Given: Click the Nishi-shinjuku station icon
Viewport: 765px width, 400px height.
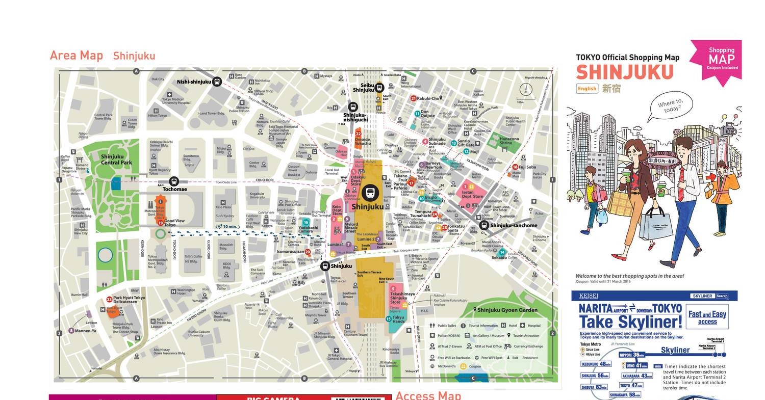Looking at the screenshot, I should point(217,82).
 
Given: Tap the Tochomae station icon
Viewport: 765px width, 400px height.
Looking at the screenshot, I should point(174,181).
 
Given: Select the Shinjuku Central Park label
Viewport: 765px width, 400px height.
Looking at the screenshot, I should point(116,159).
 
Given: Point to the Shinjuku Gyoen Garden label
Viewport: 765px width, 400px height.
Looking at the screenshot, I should point(508,310).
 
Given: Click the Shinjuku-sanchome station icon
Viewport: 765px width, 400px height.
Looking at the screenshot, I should point(484,225).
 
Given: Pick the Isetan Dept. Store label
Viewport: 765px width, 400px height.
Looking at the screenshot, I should point(472,194).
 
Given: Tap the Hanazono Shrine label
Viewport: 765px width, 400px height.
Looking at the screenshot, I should point(509,141).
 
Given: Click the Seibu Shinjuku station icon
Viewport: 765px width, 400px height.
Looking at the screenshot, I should point(379,88).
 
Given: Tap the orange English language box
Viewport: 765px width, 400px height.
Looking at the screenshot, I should point(586,88).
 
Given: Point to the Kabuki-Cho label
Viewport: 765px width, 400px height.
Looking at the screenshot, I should point(428,98).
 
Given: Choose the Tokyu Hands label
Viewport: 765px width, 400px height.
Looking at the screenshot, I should point(398,319).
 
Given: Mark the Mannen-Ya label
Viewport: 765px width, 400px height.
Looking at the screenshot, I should point(85,331).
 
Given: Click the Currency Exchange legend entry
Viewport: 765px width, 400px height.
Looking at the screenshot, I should point(528,346).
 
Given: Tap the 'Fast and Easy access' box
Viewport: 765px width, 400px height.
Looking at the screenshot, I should point(707,317).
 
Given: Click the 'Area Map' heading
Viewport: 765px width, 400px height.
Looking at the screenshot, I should point(76,56).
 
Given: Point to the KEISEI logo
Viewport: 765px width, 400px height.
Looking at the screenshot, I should point(589,296).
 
